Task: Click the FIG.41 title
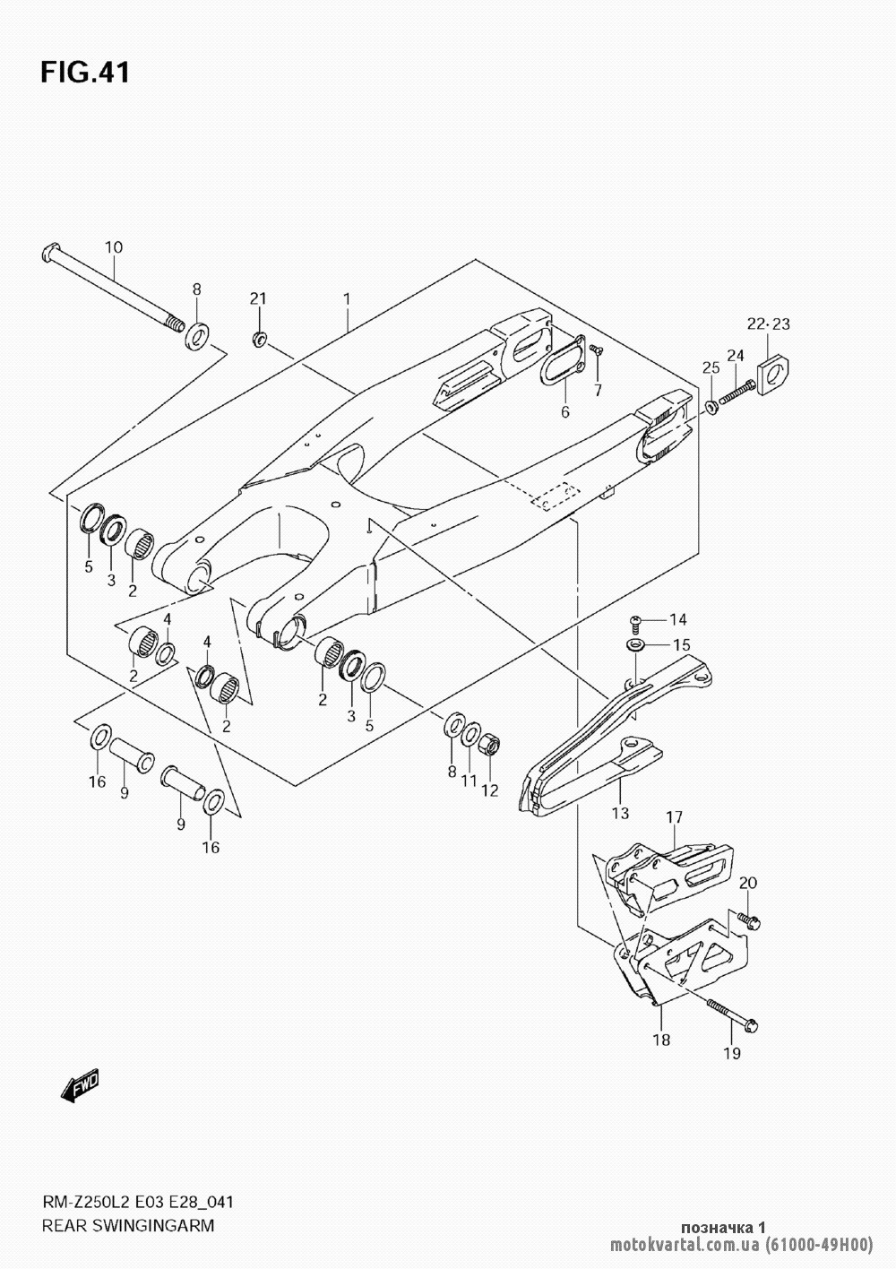coord(85,73)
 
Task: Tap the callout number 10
coord(114,247)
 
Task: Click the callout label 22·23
coord(769,324)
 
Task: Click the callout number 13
coord(620,814)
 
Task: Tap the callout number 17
coord(674,817)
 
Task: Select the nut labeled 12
coord(490,744)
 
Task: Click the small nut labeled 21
coord(258,339)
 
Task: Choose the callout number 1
coord(347,297)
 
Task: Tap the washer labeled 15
coord(635,645)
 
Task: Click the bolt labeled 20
coord(747,919)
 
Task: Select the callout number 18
coord(661,1040)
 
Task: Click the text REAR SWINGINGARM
coord(127,1225)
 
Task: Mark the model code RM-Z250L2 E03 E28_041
coord(138,1202)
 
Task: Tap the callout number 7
coord(597,389)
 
